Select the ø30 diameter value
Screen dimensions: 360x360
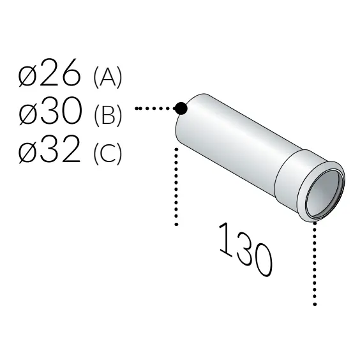point(50,114)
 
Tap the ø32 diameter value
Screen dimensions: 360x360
point(50,151)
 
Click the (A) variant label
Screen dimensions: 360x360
point(107,77)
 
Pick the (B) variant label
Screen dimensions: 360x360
point(107,115)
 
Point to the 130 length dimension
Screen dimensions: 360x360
point(246,250)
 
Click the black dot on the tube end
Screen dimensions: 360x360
point(181,109)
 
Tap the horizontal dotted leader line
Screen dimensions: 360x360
point(154,109)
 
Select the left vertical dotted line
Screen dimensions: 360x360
point(176,185)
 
